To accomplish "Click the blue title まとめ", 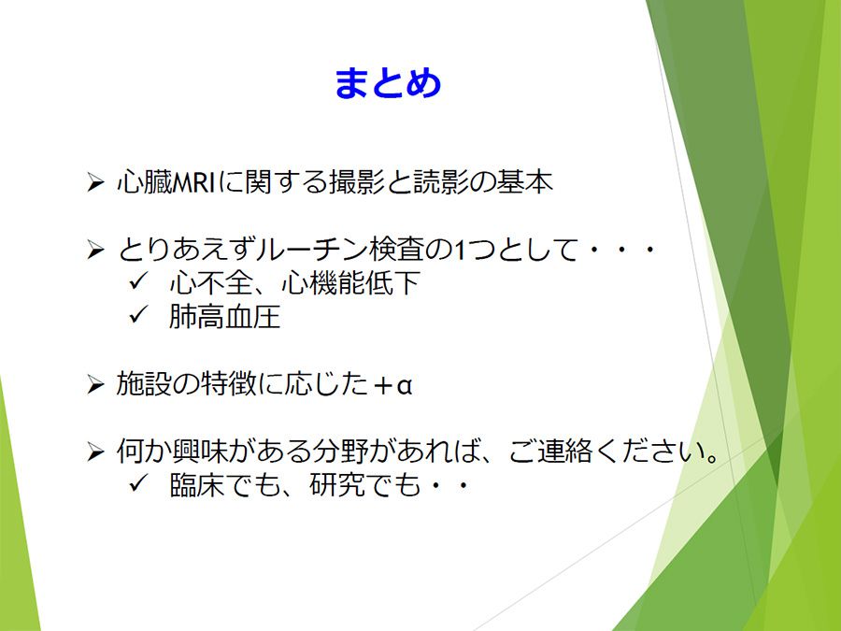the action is [x=388, y=83].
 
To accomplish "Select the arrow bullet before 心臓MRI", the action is [x=95, y=182].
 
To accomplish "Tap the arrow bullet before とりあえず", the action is [x=95, y=250].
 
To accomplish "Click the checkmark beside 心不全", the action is [x=138, y=280].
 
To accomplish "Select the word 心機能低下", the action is [x=350, y=282].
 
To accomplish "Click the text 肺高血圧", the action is [x=224, y=317].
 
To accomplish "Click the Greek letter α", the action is [x=404, y=385].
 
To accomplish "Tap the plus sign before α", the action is [x=383, y=385].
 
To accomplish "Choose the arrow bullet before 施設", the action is [x=95, y=385].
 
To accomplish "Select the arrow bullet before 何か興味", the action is [x=95, y=452].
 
